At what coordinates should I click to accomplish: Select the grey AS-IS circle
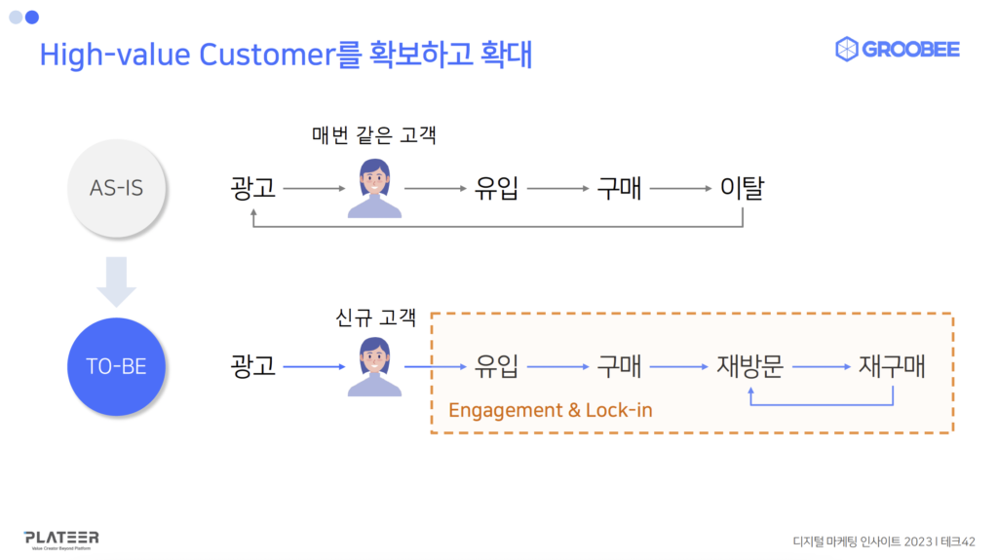(116, 188)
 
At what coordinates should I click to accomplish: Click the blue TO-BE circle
(116, 367)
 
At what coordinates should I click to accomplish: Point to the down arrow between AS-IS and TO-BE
(116, 280)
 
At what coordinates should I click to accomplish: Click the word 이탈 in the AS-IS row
(742, 187)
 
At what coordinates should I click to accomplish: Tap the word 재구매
(892, 367)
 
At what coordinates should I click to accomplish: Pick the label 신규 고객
(375, 317)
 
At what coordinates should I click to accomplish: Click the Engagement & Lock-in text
(550, 410)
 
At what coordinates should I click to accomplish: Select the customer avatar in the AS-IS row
(374, 188)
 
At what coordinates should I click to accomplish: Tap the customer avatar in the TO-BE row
(374, 367)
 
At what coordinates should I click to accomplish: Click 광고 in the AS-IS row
(253, 187)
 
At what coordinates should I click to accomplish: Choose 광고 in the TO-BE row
(253, 367)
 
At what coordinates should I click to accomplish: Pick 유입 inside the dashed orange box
(497, 367)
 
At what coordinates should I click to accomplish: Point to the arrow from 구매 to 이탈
(678, 188)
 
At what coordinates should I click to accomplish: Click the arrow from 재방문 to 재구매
(820, 367)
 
